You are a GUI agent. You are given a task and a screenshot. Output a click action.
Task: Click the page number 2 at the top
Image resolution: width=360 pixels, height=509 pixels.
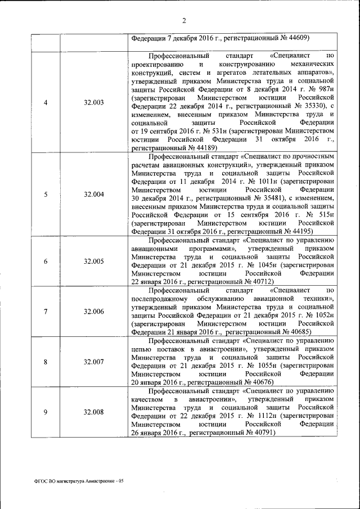click(184, 21)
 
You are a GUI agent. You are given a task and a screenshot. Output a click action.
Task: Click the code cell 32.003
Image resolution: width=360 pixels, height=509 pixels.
click(93, 102)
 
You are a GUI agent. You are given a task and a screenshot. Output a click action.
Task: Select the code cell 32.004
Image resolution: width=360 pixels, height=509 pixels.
click(93, 195)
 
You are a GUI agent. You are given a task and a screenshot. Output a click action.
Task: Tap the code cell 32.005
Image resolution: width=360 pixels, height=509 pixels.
click(93, 262)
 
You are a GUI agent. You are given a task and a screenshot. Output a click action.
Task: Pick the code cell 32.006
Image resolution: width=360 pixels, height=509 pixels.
click(93, 312)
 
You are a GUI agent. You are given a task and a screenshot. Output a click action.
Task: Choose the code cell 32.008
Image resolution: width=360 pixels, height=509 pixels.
click(93, 412)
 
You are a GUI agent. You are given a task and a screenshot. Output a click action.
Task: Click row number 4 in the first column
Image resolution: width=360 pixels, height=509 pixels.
click(46, 102)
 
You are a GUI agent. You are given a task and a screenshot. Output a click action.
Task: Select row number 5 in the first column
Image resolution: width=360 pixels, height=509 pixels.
click(46, 195)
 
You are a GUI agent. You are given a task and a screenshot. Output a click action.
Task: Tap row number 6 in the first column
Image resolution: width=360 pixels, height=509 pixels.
click(46, 262)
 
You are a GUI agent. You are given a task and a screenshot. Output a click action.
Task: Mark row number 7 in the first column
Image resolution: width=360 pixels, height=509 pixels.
click(46, 312)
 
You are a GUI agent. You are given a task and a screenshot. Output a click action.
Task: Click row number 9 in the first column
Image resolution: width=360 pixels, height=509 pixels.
click(46, 412)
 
